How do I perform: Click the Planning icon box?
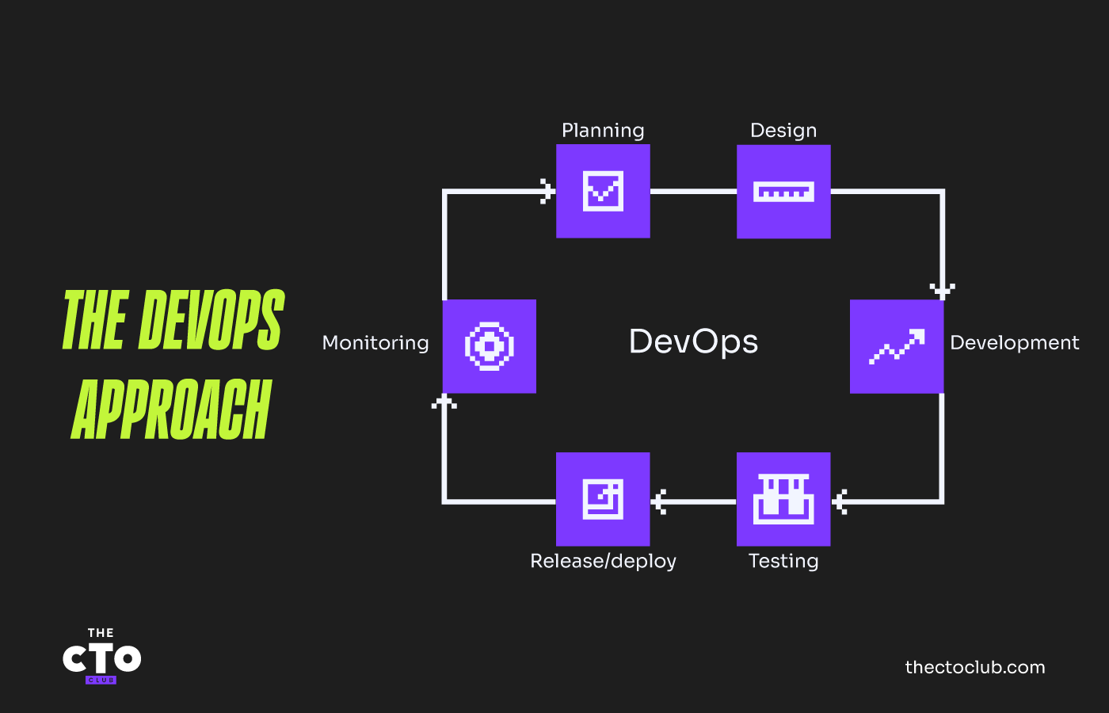603,191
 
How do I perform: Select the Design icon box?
783,191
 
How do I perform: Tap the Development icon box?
897,346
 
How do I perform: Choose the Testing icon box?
783,499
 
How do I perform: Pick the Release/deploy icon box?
603,499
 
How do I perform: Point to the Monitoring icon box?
490,346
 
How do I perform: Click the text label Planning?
603,131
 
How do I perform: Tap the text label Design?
783,131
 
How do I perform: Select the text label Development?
1014,343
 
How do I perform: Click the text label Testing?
783,561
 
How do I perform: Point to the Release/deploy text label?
603,561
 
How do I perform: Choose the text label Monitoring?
375,343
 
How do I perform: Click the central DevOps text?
693,341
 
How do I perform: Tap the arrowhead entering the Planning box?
547,191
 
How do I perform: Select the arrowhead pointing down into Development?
942,290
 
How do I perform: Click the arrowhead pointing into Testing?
840,501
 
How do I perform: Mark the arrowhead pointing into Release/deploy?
659,501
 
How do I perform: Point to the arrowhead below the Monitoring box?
444,402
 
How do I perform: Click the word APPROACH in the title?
171,410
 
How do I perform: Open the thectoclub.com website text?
975,667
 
